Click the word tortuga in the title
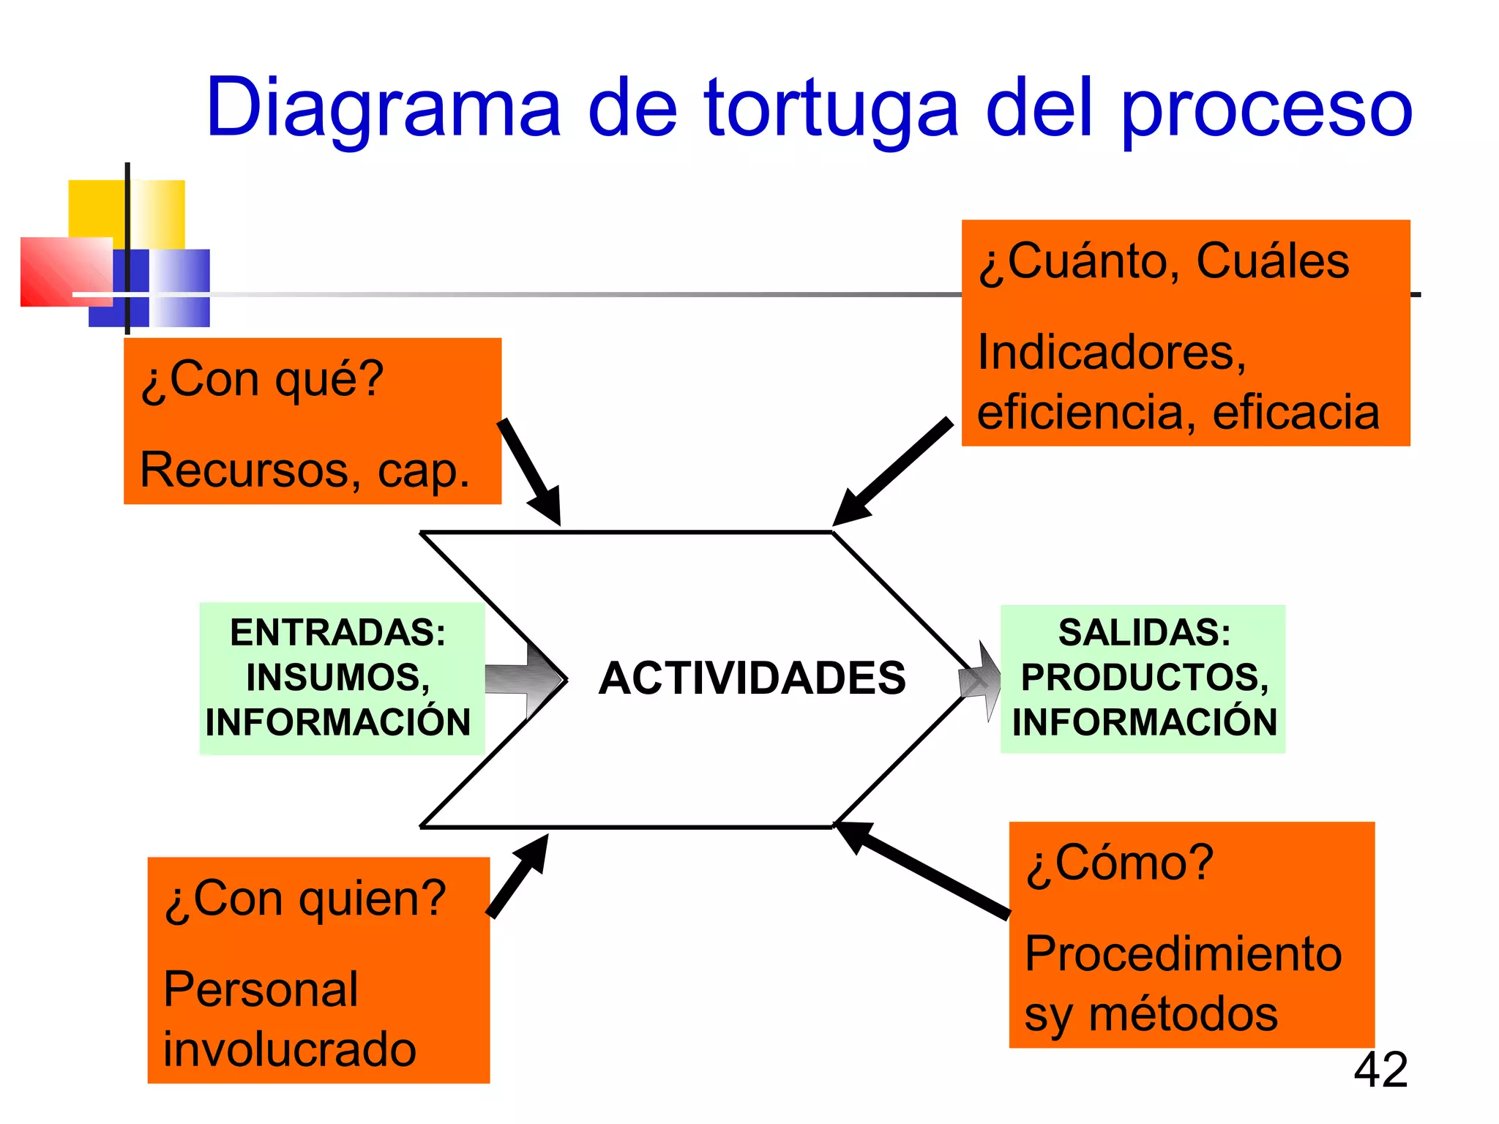(831, 110)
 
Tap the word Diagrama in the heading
(384, 110)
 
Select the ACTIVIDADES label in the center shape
(752, 678)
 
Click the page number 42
(1380, 1070)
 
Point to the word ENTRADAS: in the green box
(338, 632)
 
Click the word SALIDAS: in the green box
(1144, 632)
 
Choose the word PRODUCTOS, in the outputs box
(1144, 677)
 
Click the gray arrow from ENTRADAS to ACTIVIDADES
(524, 680)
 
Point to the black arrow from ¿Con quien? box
(518, 875)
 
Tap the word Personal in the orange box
(261, 989)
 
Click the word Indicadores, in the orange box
(1112, 353)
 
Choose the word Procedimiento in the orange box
(1183, 954)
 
